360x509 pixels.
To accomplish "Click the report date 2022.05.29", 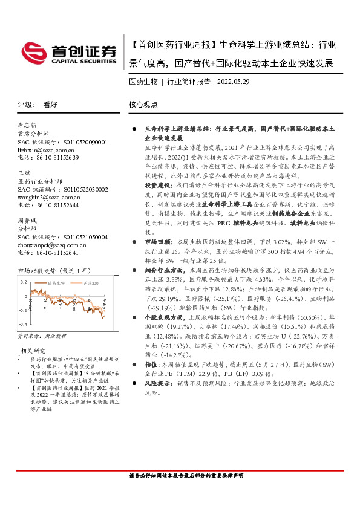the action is click(x=233, y=82).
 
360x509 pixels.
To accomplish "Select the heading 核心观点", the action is click(x=143, y=104).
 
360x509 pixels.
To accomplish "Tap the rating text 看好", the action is click(x=50, y=104).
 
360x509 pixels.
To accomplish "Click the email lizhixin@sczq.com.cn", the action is click(x=48, y=149).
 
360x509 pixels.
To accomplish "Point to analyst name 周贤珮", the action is click(x=28, y=221).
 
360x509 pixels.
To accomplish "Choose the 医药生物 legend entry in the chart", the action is click(x=57, y=283).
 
